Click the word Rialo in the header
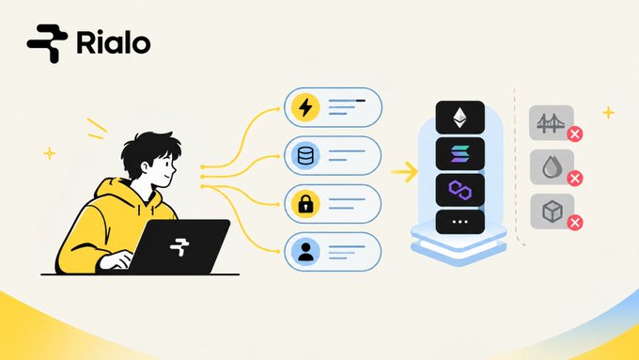(114, 43)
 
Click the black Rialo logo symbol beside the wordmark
(47, 43)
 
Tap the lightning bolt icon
(305, 108)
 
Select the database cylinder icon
(305, 156)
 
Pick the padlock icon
(305, 204)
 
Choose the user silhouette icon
(305, 252)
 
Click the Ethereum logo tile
(460, 117)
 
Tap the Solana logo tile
(460, 154)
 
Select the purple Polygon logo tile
(460, 190)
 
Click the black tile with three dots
(460, 222)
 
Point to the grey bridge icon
(550, 123)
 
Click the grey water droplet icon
(551, 167)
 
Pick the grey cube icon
(553, 211)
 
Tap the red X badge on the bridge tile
(574, 134)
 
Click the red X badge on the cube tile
(574, 223)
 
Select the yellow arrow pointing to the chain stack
(404, 172)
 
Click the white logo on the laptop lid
(179, 246)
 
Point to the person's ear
(146, 167)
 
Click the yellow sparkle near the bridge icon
(608, 112)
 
